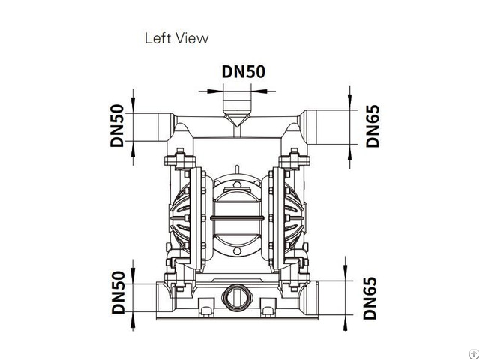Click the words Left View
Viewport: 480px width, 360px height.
(176, 37)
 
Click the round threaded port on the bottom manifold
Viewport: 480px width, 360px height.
(237, 294)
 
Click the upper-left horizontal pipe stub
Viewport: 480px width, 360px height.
(154, 124)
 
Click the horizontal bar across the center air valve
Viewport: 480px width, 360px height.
(237, 218)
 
